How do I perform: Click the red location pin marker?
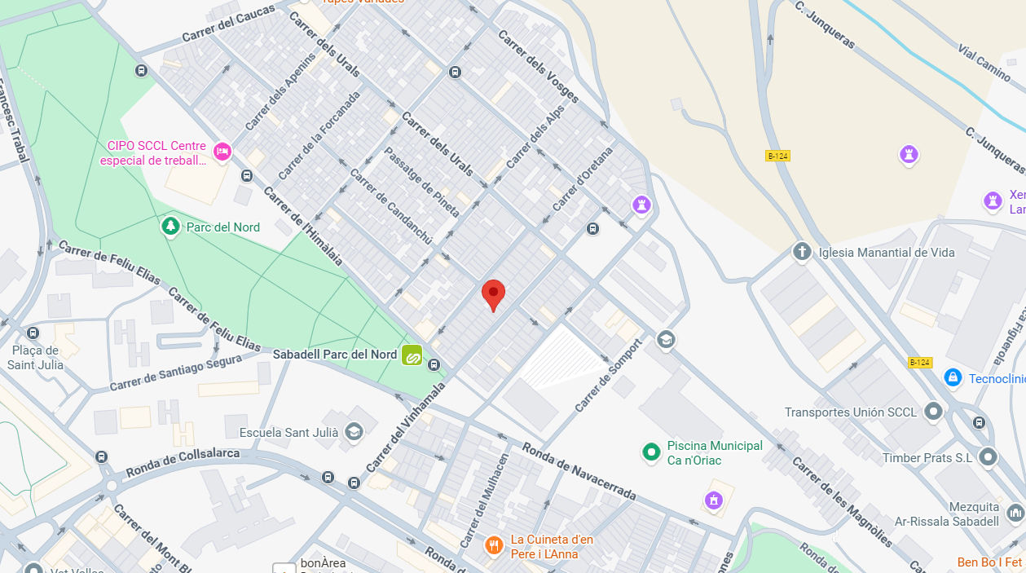pos(493,294)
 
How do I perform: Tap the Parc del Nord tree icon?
pos(170,226)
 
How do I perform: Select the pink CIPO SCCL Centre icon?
pos(222,152)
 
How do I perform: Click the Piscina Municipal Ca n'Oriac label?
pos(715,453)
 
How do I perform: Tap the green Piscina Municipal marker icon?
pos(651,451)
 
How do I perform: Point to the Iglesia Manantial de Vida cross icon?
pos(802,252)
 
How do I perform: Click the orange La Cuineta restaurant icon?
pos(493,545)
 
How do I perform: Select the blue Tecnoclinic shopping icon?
pos(951,377)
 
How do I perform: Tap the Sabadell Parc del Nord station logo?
pos(412,355)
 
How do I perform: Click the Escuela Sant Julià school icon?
pos(354,432)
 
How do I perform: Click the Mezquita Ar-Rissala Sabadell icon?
pos(1015,513)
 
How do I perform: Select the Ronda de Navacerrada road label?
pos(579,471)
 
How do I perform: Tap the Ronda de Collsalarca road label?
pos(183,462)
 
